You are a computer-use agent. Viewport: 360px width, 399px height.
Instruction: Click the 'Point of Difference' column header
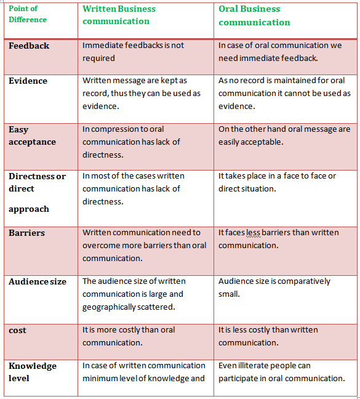click(x=28, y=14)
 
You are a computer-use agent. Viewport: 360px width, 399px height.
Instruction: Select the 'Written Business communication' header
click(x=119, y=15)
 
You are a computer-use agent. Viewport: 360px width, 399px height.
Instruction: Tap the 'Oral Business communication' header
click(x=254, y=15)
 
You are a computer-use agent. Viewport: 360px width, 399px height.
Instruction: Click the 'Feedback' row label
click(x=29, y=46)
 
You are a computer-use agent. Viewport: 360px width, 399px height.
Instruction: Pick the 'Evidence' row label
click(x=28, y=81)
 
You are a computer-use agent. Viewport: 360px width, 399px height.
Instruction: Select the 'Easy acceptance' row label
click(x=32, y=135)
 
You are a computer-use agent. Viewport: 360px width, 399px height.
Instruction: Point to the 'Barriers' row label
click(x=26, y=233)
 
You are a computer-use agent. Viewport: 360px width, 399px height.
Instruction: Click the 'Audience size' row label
click(x=38, y=281)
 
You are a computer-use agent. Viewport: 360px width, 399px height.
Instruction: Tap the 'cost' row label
click(x=17, y=331)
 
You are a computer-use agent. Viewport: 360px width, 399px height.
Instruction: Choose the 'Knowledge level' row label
click(x=32, y=372)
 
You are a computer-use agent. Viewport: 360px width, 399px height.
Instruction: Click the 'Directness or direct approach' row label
click(x=37, y=192)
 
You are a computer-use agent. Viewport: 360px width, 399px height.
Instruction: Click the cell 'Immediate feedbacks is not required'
click(x=135, y=52)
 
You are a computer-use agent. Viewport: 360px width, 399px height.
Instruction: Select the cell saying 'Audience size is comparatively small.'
click(x=274, y=288)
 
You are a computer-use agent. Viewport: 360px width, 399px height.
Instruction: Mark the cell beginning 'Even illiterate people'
click(x=281, y=372)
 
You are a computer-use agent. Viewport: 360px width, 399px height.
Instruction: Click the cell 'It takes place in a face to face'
click(x=277, y=182)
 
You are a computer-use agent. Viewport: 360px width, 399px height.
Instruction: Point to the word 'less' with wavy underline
click(x=252, y=233)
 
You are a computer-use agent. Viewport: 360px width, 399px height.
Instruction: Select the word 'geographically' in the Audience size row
click(x=110, y=307)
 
